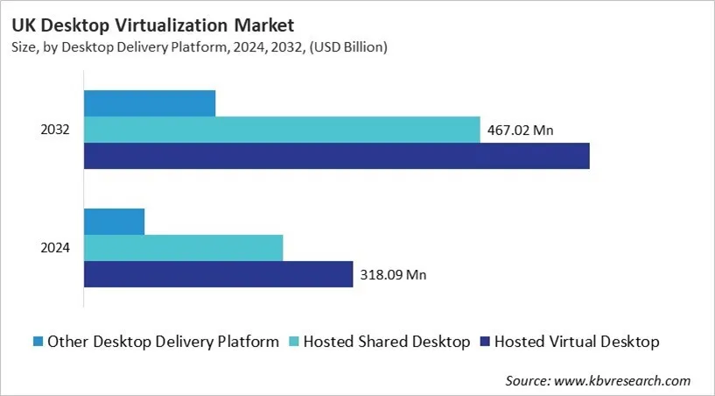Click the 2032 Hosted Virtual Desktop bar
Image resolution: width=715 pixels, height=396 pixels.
pyautogui.click(x=336, y=156)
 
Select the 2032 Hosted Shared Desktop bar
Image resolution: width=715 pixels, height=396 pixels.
pyautogui.click(x=282, y=130)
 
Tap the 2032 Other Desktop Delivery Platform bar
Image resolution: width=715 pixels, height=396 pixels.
pyautogui.click(x=150, y=103)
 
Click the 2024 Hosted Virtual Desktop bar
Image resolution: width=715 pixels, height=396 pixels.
pyautogui.click(x=218, y=274)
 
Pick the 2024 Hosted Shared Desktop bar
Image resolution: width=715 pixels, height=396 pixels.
pyautogui.click(x=183, y=248)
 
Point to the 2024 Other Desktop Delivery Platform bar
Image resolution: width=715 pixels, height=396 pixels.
pyautogui.click(x=114, y=222)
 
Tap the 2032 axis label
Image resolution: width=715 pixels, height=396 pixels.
pyautogui.click(x=55, y=131)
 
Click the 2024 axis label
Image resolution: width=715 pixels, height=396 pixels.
pyautogui.click(x=55, y=249)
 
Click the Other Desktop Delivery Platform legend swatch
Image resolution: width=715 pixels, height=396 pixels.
pyautogui.click(x=37, y=341)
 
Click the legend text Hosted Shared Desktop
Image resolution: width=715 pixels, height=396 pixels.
pyautogui.click(x=387, y=341)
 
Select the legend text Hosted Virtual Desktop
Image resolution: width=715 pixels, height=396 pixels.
pyautogui.click(x=577, y=341)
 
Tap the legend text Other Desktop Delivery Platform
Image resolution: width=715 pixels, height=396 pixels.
pyautogui.click(x=163, y=341)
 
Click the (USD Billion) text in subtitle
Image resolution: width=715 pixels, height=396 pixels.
pyautogui.click(x=347, y=47)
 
